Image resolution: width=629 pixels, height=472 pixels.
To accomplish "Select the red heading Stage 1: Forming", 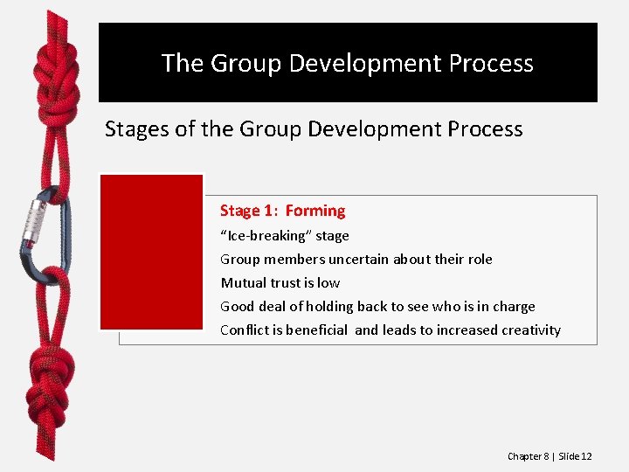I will [x=282, y=211].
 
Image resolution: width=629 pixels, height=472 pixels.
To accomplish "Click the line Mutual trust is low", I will [x=280, y=283].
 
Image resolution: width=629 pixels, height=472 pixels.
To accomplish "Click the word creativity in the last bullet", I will [x=531, y=330].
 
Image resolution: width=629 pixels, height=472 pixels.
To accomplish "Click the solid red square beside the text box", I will [x=151, y=252].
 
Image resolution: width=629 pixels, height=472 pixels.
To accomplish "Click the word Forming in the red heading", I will [x=315, y=211].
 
